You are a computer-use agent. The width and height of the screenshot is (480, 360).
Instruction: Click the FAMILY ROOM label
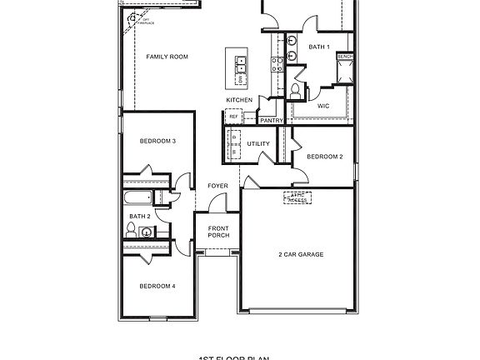point(167,57)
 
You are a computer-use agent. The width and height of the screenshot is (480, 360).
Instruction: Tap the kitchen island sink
point(240,61)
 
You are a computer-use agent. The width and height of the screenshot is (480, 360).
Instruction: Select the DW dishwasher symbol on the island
point(240,78)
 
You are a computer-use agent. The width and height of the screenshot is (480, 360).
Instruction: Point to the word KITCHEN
point(239,100)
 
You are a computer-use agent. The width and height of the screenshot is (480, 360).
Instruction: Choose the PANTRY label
point(272,121)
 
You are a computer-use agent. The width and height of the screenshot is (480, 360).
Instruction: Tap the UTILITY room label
point(258,143)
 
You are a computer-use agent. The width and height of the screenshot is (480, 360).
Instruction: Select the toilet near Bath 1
point(296,89)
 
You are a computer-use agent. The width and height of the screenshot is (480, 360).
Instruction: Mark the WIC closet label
point(324,106)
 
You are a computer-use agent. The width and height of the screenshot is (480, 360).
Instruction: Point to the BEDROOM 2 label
point(325,157)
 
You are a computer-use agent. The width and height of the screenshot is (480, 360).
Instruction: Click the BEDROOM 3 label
point(157,141)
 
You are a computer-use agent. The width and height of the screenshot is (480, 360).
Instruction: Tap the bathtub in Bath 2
point(138,198)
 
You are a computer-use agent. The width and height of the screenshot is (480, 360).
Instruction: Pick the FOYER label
point(217,185)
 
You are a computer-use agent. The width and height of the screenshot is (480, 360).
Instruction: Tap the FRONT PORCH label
point(218,232)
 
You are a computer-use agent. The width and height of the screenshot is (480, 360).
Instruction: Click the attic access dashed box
point(297,198)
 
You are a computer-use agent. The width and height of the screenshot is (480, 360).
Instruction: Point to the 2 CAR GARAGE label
point(301,254)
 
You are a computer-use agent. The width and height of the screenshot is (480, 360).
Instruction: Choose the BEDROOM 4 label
point(157,286)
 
